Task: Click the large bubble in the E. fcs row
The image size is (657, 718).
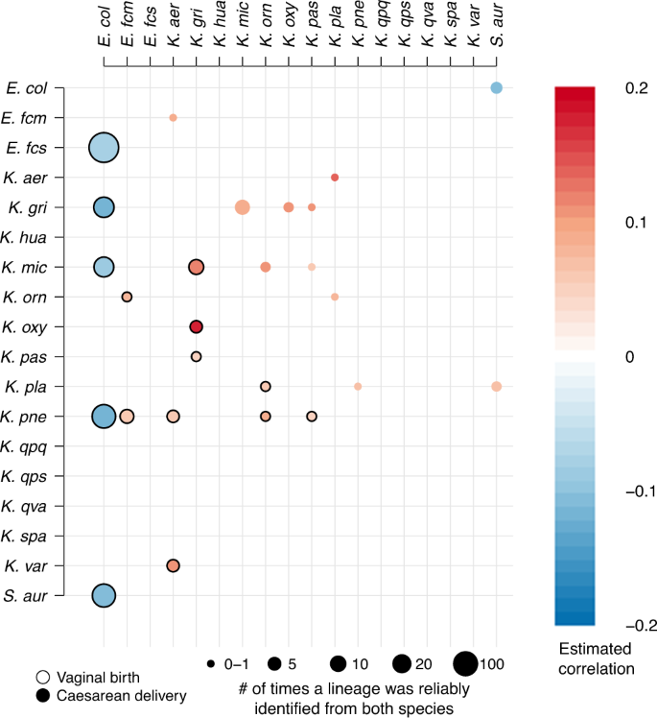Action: click(x=104, y=148)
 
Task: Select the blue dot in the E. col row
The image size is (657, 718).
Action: click(x=496, y=88)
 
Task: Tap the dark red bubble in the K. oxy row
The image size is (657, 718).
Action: click(x=197, y=326)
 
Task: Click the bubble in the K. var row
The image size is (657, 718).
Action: click(x=173, y=565)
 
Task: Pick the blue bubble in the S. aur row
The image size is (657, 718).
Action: click(x=104, y=595)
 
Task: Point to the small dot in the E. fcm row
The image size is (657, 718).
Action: click(x=173, y=118)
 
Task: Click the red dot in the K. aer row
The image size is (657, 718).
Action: click(x=335, y=178)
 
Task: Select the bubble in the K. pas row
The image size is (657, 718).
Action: click(x=197, y=356)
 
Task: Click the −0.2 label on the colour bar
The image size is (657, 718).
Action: click(x=610, y=625)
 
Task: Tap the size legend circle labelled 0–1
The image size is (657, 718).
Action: click(x=210, y=663)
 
